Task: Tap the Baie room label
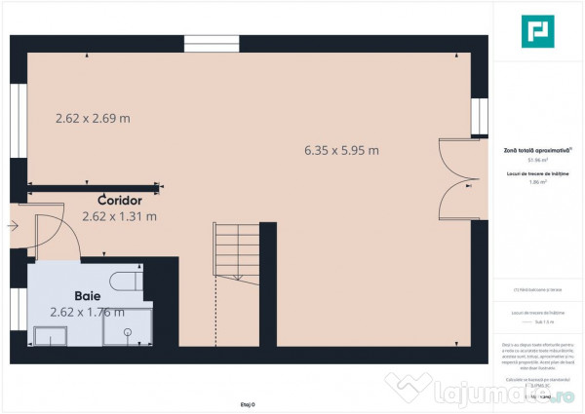pyautogui.click(x=89, y=293)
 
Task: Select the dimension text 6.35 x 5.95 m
pyautogui.click(x=341, y=150)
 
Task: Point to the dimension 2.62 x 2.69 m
pyautogui.click(x=92, y=119)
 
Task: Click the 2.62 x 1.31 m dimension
pyautogui.click(x=119, y=216)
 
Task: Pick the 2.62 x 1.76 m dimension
pyautogui.click(x=87, y=312)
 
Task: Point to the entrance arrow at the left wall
pyautogui.click(x=11, y=226)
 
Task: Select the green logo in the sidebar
pyautogui.click(x=536, y=33)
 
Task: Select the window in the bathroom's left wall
pyautogui.click(x=17, y=311)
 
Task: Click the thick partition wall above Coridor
pyautogui.click(x=94, y=187)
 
